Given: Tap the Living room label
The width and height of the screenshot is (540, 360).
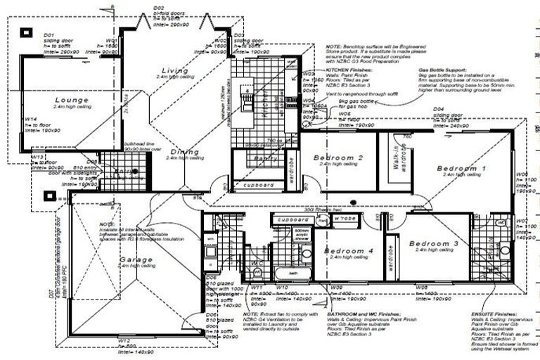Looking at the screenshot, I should coord(174,71).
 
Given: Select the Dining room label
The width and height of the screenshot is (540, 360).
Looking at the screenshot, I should coord(184,152).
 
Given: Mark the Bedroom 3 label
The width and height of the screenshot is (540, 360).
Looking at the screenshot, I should coord(433,243).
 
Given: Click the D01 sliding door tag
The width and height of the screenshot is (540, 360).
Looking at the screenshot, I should coord(49,34).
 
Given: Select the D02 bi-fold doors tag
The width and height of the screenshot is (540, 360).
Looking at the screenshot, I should coord(158,8).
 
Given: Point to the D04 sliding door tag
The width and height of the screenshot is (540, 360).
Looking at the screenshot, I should coord(439,109).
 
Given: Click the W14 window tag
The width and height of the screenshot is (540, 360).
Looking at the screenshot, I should coord(29,119).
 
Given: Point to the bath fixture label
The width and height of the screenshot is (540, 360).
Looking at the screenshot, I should coord(293,272).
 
